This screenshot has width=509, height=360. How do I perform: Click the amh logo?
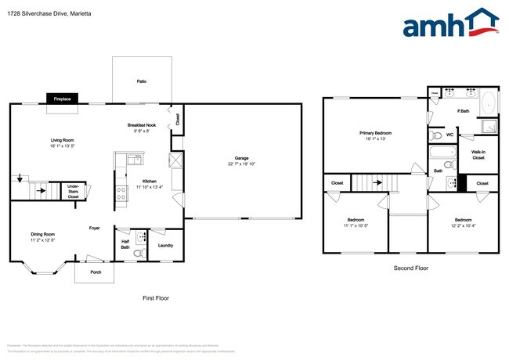coord(450,23)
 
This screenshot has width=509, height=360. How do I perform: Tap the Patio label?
coord(142,81)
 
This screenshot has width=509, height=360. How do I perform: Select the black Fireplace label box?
coord(63,99)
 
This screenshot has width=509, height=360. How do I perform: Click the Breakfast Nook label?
coord(143,125)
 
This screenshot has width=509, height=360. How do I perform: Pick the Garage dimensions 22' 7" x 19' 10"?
coord(242,164)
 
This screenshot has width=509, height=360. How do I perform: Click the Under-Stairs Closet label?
coord(73,192)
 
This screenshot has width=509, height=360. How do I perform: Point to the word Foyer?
coord(94,229)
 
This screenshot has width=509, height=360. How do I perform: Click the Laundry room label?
coord(165,246)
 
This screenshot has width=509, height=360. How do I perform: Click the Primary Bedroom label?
coord(375,133)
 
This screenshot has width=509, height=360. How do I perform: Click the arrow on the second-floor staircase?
coord(379,184)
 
